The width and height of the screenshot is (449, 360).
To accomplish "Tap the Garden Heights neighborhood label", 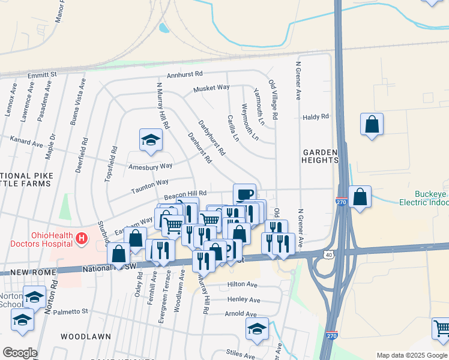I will click(x=320, y=156).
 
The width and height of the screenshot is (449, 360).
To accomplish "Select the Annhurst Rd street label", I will click(x=185, y=74).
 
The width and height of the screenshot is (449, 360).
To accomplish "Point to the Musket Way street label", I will click(x=211, y=88).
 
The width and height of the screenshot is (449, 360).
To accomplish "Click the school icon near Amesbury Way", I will click(x=151, y=140).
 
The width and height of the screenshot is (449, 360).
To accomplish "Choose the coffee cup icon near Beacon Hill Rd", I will click(x=244, y=194).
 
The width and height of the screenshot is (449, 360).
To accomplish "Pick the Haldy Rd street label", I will click(x=316, y=117).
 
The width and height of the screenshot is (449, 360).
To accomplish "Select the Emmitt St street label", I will click(x=42, y=75).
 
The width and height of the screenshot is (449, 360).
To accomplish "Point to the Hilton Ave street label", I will click(x=242, y=284).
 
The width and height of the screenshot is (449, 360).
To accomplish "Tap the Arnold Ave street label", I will click(x=241, y=313).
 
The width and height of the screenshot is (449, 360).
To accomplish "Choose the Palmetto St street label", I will click(x=70, y=311).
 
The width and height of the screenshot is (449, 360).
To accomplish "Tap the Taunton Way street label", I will click(x=150, y=183).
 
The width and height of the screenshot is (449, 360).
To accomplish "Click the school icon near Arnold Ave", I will click(x=257, y=329).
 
